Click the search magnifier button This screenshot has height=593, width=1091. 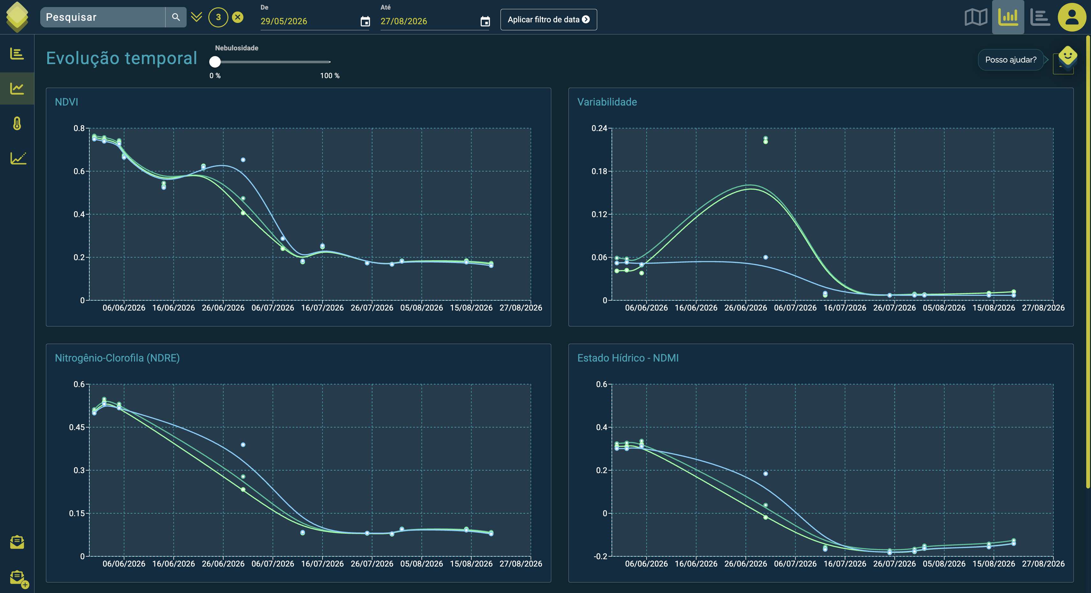click(x=176, y=17)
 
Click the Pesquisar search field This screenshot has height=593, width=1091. click(x=102, y=17)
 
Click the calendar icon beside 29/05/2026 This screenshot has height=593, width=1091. click(x=365, y=21)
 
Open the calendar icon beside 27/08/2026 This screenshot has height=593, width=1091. click(x=485, y=21)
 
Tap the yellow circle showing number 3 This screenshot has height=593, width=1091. click(x=218, y=17)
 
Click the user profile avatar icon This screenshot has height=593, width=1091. click(x=1072, y=17)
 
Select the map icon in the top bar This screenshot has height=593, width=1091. click(x=976, y=17)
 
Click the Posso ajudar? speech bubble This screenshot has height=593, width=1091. click(x=1011, y=60)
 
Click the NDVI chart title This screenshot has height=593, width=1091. click(x=66, y=102)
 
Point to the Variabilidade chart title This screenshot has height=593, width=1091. click(x=607, y=102)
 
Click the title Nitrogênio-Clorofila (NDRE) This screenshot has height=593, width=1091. click(x=117, y=358)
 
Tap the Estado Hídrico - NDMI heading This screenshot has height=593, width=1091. click(x=628, y=358)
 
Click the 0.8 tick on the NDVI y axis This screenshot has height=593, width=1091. click(x=79, y=128)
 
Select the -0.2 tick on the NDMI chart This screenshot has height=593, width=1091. click(x=601, y=556)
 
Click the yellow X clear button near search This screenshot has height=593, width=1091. click(x=238, y=17)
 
